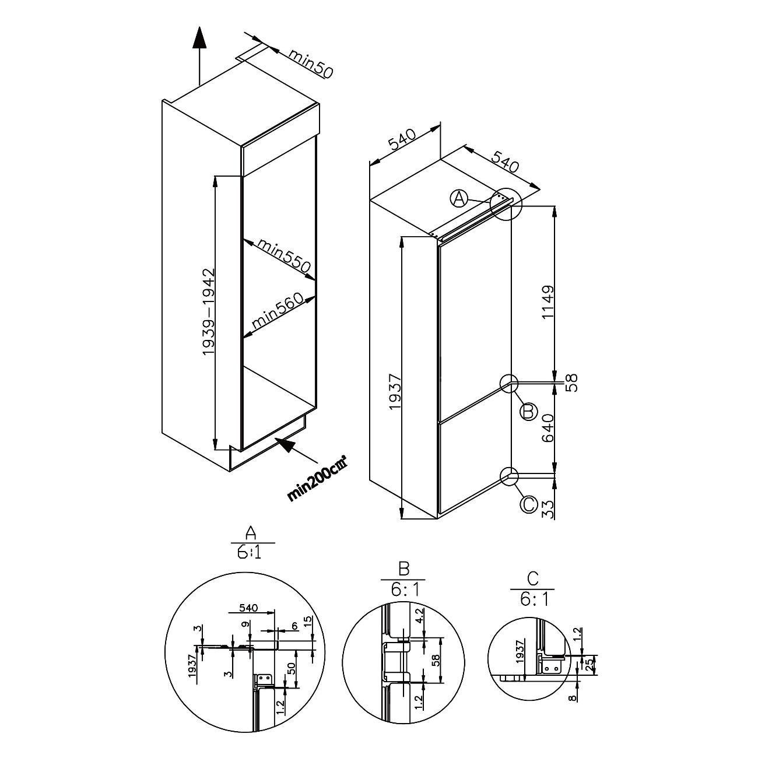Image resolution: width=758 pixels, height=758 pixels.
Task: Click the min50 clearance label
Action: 310,64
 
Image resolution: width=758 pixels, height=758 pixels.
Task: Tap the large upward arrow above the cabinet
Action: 200,55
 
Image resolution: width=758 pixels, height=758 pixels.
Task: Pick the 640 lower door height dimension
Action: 548,428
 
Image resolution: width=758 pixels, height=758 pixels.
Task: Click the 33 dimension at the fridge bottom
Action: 548,509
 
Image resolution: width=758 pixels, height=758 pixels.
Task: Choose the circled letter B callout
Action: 528,412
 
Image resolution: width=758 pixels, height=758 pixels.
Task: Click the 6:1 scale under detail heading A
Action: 248,553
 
